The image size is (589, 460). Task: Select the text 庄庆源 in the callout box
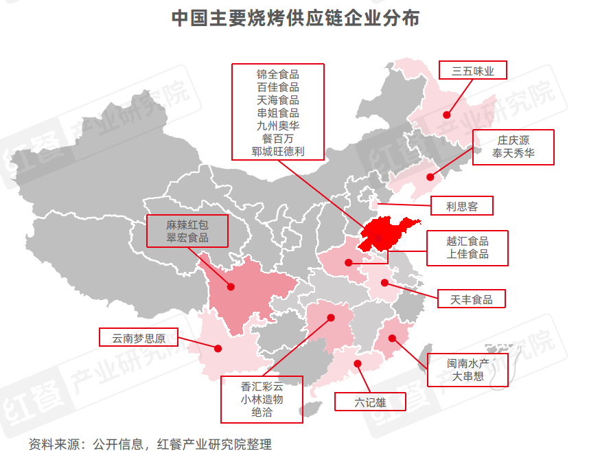[513, 140]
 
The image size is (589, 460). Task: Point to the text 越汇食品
[467, 241]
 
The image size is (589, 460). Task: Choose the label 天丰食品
[471, 299]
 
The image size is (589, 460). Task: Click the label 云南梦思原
[136, 338]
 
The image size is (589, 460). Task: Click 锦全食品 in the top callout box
[278, 73]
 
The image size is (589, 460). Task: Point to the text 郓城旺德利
[278, 152]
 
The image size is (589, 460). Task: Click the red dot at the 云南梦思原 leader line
[218, 349]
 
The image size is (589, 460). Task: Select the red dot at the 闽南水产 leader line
[393, 338]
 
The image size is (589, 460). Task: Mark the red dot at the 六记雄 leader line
[357, 364]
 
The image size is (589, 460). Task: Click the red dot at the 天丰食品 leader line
[384, 282]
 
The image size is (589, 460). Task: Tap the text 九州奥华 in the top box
[278, 126]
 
